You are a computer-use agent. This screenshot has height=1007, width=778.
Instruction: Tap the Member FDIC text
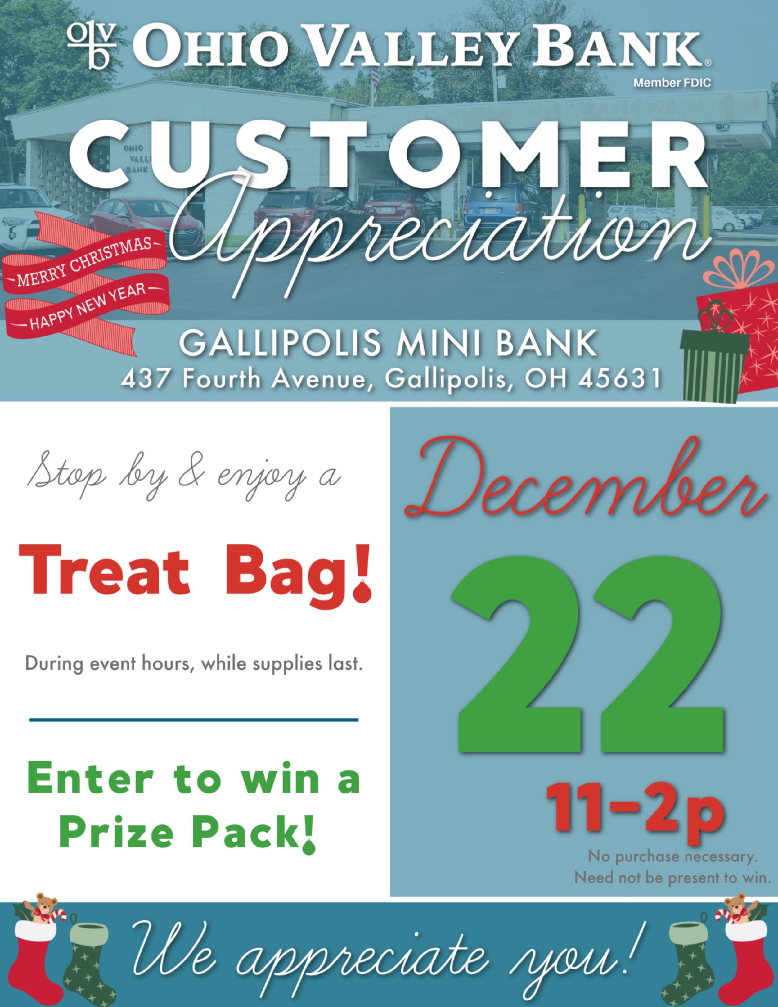coord(672,83)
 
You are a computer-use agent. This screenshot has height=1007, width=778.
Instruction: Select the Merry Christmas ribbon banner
coord(85,262)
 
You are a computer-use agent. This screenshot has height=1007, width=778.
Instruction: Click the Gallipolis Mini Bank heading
coord(388,344)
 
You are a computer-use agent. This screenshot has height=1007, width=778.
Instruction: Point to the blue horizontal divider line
coord(194,719)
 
